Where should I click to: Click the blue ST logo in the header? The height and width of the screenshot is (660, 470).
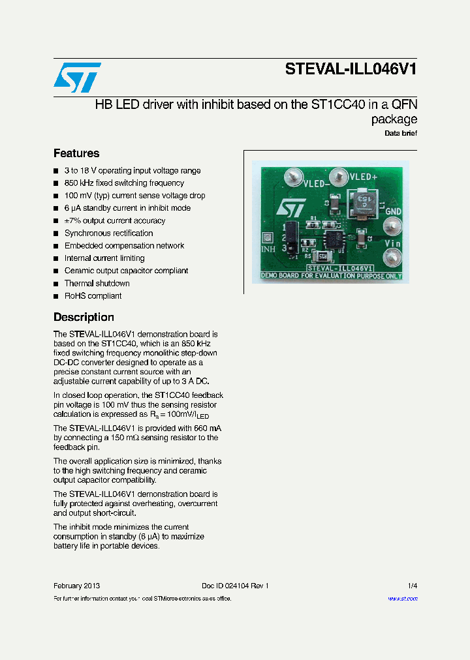click(77, 78)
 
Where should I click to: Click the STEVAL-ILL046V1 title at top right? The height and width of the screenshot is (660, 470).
click(351, 70)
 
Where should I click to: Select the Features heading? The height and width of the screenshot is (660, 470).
click(76, 153)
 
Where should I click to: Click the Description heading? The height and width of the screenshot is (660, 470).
click(84, 317)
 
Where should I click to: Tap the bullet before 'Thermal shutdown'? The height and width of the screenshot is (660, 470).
click(56, 284)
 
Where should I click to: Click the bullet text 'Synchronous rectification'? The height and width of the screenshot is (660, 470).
click(108, 233)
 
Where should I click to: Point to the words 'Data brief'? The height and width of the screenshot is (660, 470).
click(400, 133)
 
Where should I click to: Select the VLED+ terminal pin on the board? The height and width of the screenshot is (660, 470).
click(339, 175)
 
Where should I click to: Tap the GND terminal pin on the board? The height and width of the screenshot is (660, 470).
click(392, 226)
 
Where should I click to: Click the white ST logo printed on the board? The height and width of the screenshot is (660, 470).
click(288, 207)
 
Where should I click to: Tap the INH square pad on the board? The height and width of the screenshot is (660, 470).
click(266, 239)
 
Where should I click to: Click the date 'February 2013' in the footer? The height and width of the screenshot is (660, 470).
click(76, 586)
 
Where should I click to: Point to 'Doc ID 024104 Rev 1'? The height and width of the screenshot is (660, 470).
click(235, 586)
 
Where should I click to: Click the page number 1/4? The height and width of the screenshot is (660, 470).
click(412, 586)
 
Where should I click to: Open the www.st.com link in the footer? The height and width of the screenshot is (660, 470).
click(402, 599)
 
